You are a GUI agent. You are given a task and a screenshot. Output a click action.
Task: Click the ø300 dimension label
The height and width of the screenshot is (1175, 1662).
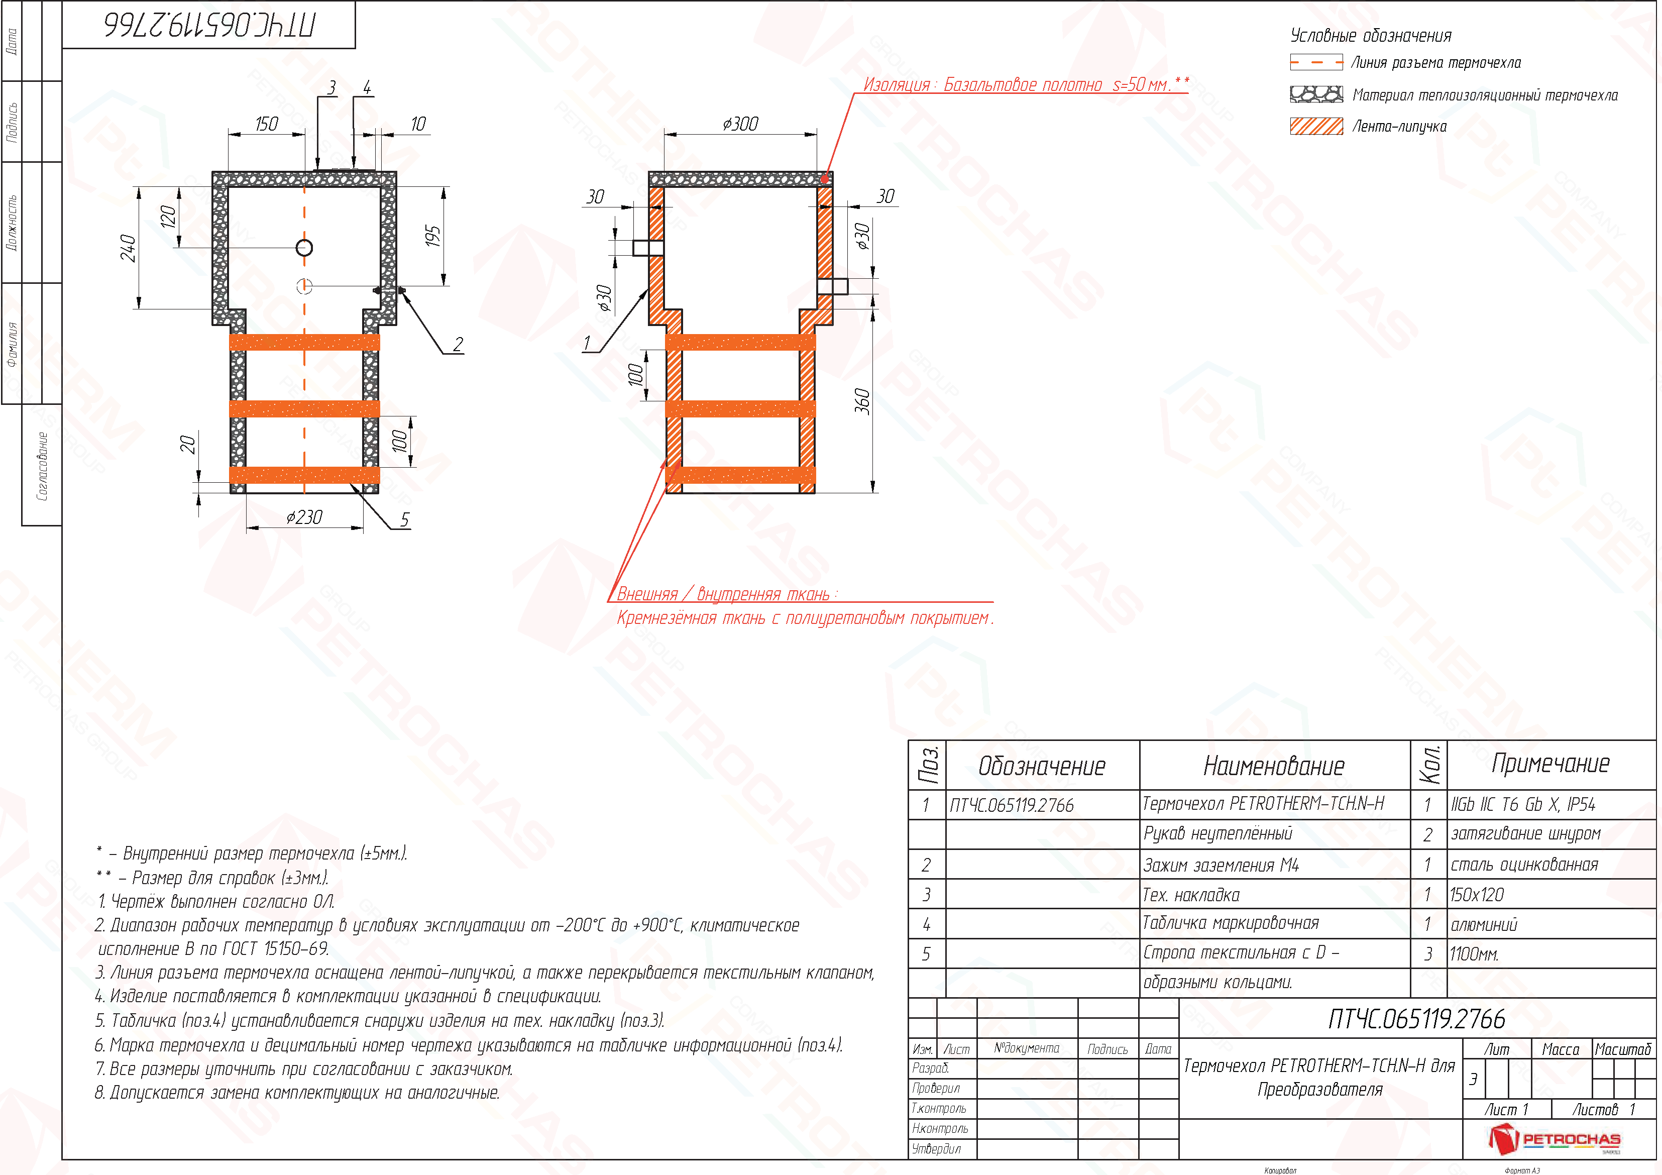(740, 125)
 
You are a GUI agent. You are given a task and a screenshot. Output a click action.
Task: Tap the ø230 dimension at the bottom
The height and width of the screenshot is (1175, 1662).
(304, 517)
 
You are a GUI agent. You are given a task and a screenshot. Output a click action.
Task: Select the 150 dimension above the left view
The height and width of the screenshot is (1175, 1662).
(266, 125)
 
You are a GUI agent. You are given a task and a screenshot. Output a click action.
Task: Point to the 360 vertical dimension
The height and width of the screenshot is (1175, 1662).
(862, 401)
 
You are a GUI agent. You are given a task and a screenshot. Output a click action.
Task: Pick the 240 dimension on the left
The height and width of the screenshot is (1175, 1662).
(128, 248)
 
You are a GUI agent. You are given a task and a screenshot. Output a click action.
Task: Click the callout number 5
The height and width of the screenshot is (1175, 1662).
(405, 520)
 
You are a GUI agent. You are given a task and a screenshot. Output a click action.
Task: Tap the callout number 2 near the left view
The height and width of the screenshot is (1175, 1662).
(458, 345)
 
